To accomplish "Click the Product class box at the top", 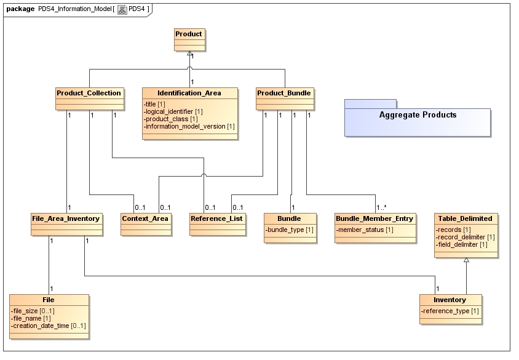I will [x=188, y=34].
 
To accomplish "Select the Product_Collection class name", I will [x=89, y=93].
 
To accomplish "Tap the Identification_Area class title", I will [x=189, y=93].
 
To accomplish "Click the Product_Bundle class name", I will [x=285, y=93].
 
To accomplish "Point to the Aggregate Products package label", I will [x=418, y=115].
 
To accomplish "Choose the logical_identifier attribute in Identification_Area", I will [x=173, y=111].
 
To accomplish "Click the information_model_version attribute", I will [x=189, y=126].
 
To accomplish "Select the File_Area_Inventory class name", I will [x=66, y=218].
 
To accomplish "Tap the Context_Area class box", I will [x=145, y=218].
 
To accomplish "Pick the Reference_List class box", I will [x=217, y=218].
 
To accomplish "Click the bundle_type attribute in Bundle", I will [x=290, y=230].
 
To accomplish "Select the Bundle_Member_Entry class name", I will [x=374, y=218].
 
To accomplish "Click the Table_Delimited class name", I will [x=465, y=218].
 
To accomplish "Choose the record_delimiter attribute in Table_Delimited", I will [x=466, y=237].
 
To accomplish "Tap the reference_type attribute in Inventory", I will [x=450, y=311].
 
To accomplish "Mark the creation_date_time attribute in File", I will [x=49, y=326].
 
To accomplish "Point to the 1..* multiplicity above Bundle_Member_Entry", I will [x=382, y=208].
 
